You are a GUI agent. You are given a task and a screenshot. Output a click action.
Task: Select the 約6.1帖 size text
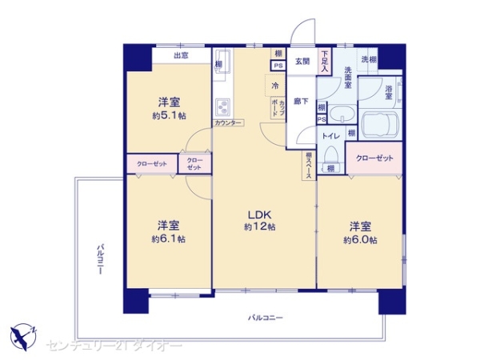pyautogui.click(x=169, y=238)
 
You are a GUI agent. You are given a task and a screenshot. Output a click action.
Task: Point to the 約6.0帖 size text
pyautogui.click(x=361, y=240)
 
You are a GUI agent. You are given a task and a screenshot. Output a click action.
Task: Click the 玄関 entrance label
pyautogui.click(x=302, y=62)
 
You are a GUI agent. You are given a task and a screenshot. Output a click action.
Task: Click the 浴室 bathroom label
pyautogui.click(x=390, y=92)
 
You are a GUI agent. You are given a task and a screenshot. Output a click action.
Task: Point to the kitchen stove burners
pyautogui.click(x=222, y=106)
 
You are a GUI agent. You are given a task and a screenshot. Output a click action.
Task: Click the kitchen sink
pyautogui.click(x=222, y=62)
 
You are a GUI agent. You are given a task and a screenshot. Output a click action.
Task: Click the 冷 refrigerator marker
pyautogui.click(x=274, y=86)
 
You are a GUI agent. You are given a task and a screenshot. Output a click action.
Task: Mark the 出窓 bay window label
pyautogui.click(x=181, y=55)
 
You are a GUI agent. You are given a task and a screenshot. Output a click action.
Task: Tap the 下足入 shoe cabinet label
pyautogui.click(x=324, y=62)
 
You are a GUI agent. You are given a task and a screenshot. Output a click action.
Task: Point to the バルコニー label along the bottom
pyautogui.click(x=265, y=318)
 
